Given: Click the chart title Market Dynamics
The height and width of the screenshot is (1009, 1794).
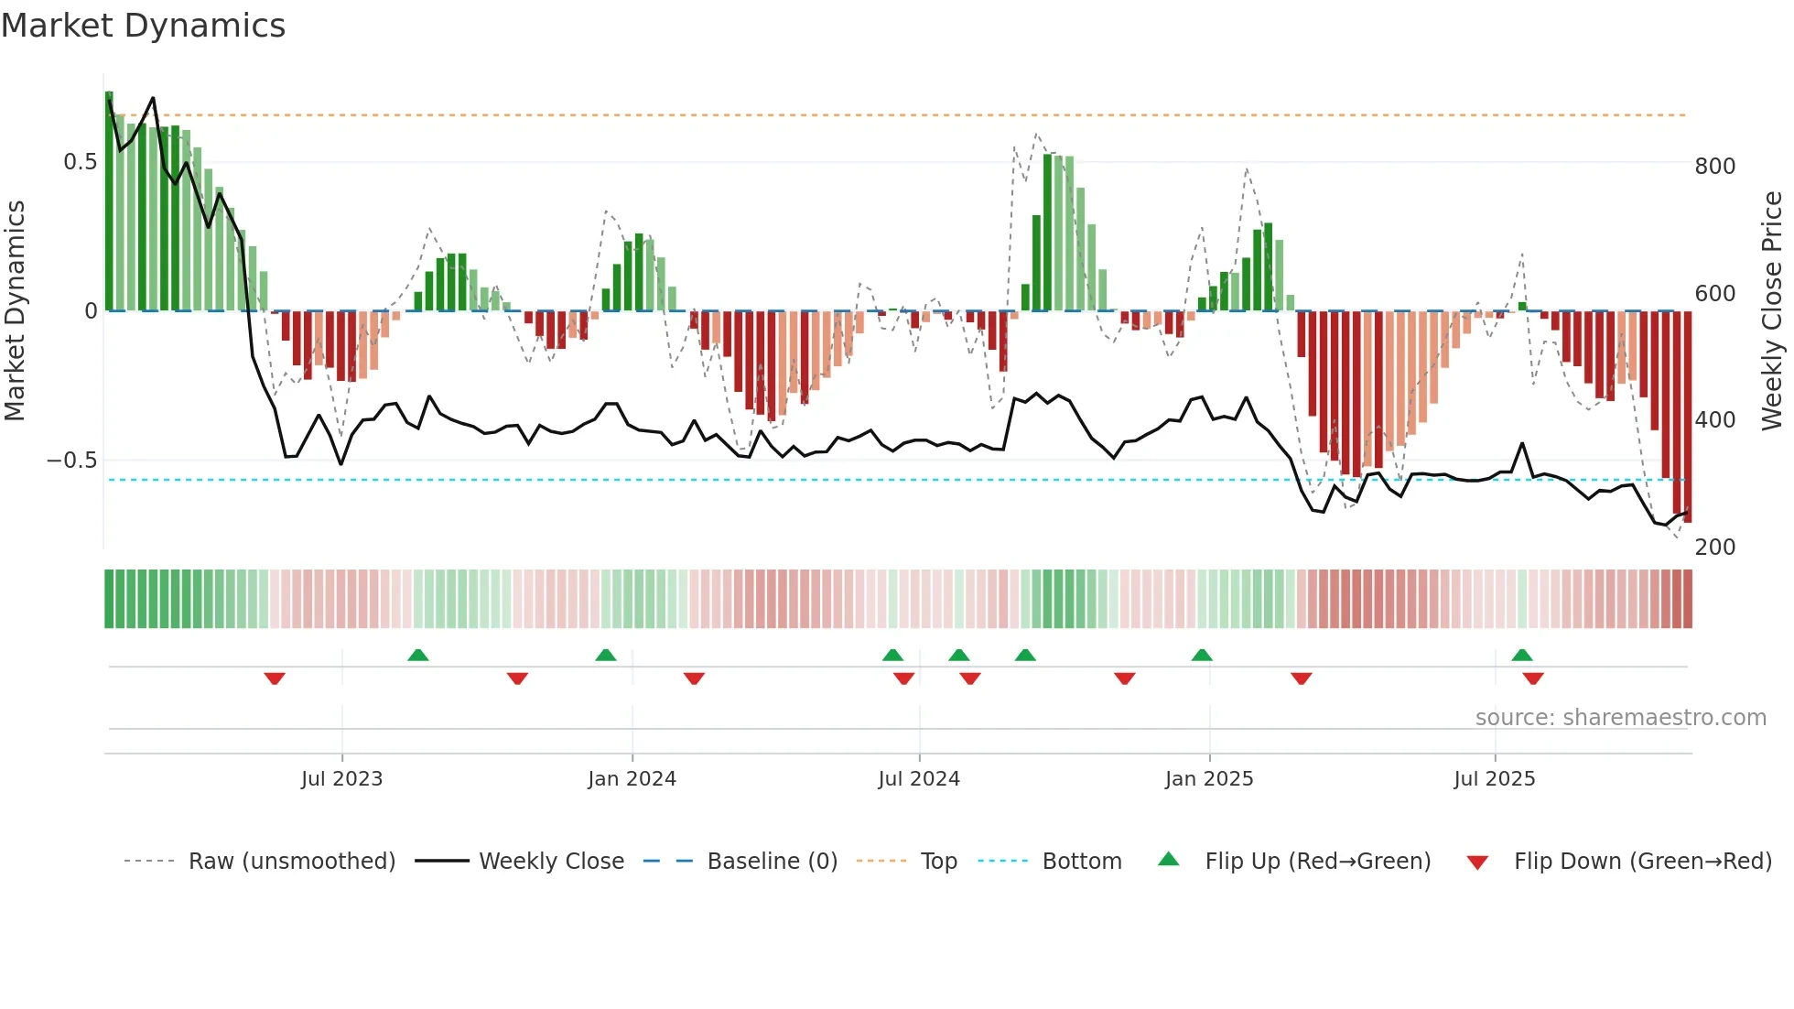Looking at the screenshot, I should coord(143,26).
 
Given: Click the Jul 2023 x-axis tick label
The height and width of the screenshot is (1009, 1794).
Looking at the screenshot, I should coord(341,779).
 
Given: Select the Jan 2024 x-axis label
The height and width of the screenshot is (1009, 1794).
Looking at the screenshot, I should coord(632,779).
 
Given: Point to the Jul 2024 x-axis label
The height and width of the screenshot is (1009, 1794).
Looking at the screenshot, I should coord(919,779).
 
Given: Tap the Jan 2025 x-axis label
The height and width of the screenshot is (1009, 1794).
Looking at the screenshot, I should coord(1209,779).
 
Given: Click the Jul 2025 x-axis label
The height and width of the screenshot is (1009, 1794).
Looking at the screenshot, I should coord(1495,779).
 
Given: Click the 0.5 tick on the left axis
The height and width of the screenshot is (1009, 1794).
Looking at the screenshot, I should coord(80,162).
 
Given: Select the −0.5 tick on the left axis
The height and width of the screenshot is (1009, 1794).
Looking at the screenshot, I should coord(72,461).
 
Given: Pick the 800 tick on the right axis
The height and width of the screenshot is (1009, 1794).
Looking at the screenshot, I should coord(1715,167).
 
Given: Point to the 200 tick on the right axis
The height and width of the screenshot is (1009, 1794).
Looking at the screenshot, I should coord(1715,548).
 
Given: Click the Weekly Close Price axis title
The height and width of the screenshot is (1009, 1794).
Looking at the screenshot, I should coord(1773,311).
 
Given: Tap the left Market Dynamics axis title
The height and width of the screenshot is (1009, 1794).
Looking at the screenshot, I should coord(15,311).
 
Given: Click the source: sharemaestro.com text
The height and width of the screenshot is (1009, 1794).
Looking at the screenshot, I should coord(1620,718).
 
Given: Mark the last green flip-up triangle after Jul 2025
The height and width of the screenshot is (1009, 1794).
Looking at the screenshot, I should coord(1522,656).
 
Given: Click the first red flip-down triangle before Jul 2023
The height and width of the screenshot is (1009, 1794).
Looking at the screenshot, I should coord(275,678).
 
